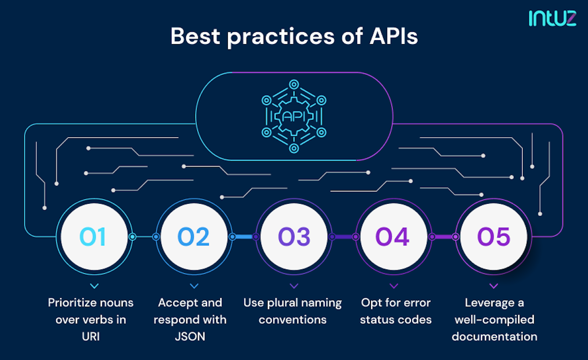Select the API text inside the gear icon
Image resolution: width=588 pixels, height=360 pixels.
tap(294, 117)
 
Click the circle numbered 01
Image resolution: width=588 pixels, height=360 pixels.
tap(94, 237)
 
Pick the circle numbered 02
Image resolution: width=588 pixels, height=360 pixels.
tap(194, 237)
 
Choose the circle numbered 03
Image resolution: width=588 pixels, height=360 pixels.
tap(294, 237)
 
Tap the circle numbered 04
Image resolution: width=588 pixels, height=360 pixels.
tap(393, 237)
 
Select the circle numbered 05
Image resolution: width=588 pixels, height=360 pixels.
tap(493, 237)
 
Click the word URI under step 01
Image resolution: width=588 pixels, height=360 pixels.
tap(91, 336)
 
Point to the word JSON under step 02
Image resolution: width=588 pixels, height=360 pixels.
tap(190, 336)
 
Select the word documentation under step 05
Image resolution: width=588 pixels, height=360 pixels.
tap(494, 336)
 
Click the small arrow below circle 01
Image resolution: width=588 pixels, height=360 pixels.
tap(95, 286)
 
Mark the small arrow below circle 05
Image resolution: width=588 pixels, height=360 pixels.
tap(494, 286)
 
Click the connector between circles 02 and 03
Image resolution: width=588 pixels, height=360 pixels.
tap(244, 237)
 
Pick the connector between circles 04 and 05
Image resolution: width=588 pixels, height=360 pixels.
tap(443, 237)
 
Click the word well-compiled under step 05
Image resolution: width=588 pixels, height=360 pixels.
tap(494, 320)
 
